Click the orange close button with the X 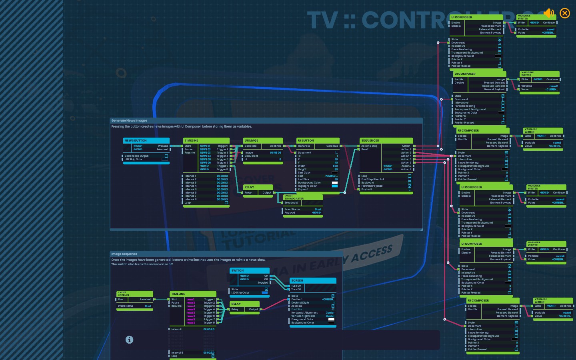tap(565, 13)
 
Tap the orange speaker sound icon tap(549, 13)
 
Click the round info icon tap(129, 340)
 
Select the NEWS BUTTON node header tap(146, 140)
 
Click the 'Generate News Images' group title tap(129, 120)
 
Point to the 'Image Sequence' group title tap(124, 254)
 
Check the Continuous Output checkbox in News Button tap(166, 156)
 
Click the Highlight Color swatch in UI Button tap(335, 186)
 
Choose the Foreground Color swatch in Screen tap(331, 319)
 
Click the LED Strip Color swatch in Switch tap(264, 293)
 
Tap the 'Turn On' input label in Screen tap(296, 286)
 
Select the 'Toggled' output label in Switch tap(263, 283)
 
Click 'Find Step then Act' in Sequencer tap(373, 179)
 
